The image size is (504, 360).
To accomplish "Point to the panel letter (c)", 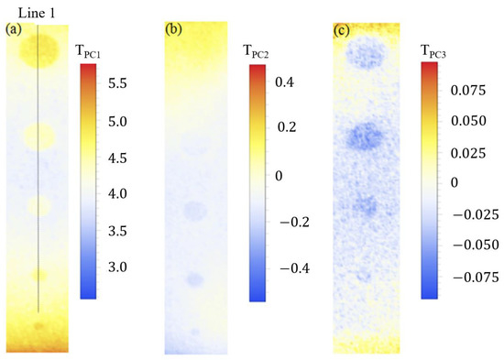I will coord(341,29).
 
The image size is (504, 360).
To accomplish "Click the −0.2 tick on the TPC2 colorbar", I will coord(290,222).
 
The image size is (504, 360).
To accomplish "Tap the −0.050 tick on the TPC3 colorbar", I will coord(472,246).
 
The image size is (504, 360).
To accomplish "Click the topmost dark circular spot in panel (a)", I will coord(39,48).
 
